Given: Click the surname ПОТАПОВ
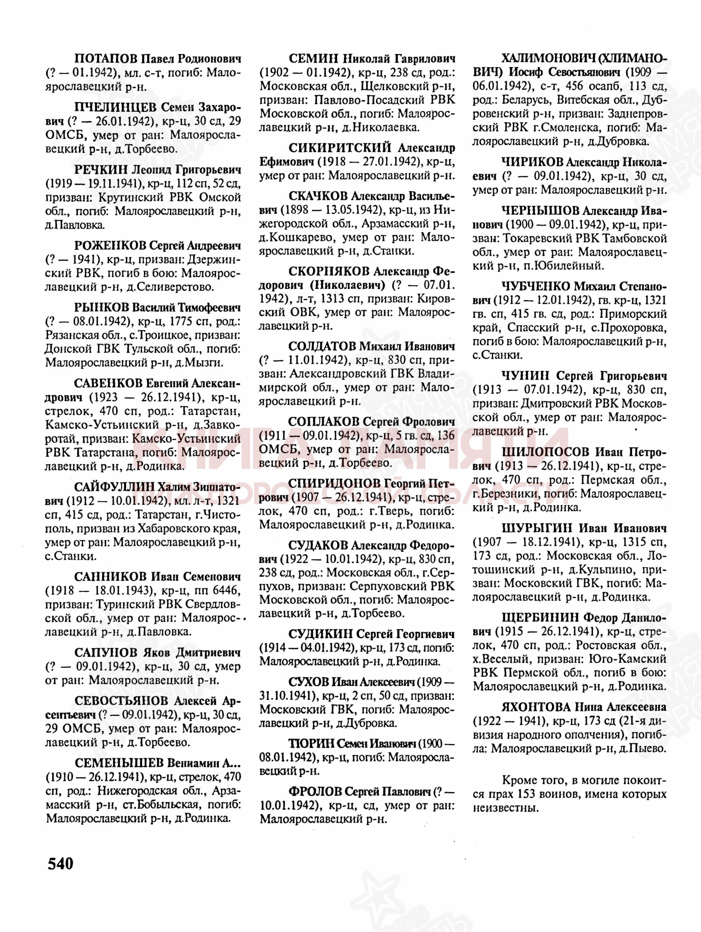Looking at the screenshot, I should (106, 59).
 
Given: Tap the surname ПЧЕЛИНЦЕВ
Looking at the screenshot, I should (115, 108).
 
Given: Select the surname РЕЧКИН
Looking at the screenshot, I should (100, 170).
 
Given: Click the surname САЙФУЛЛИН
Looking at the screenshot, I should (114, 487).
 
